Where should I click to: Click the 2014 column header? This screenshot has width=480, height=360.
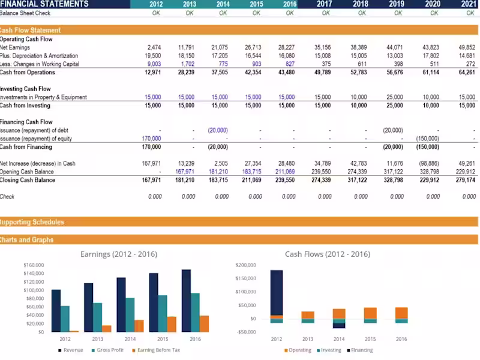223,4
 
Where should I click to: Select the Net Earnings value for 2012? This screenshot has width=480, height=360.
154,47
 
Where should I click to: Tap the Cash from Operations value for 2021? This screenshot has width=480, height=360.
466,73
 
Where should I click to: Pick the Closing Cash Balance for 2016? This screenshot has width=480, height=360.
285,180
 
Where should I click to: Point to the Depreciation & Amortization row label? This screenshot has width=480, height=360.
39,56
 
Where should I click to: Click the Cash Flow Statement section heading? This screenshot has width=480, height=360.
31,30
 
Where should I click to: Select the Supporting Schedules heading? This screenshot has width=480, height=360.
32,222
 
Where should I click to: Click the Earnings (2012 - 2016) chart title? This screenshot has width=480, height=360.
118,254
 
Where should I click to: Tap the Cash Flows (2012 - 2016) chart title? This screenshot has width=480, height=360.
328,254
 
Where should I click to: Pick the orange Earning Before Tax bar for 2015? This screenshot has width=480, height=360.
172,324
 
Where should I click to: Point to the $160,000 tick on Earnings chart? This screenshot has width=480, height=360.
33,265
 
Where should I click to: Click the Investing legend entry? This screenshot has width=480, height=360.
330,350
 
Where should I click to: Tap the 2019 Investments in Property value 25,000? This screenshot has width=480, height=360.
394,97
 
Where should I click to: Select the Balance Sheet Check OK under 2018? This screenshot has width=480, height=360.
361,13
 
